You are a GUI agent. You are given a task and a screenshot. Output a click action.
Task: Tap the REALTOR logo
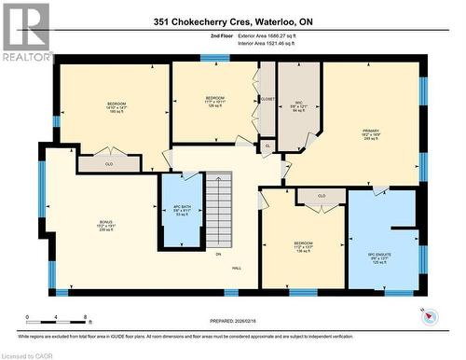tap(26, 32)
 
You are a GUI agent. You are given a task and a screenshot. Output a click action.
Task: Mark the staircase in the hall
tap(218, 210)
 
